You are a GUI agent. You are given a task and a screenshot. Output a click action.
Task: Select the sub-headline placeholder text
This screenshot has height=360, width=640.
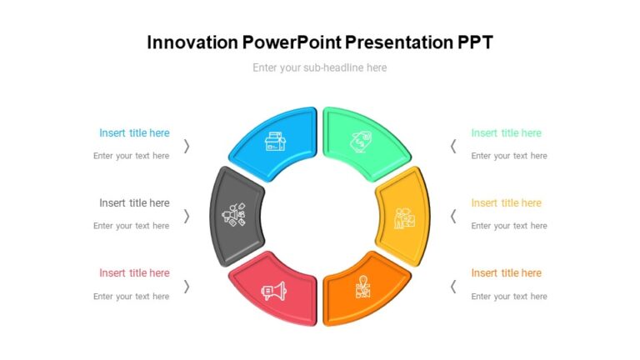point(319,67)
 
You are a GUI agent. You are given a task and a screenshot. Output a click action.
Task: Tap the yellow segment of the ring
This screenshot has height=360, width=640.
point(402,216)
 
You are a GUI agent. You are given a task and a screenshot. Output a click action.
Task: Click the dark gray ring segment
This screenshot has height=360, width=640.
point(236,216)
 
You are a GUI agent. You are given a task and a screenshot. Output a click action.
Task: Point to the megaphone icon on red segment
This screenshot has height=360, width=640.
point(273,291)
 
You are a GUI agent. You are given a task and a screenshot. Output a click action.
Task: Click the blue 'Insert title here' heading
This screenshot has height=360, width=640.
point(134,132)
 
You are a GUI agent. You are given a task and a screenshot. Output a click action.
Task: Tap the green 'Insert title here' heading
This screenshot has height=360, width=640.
point(506,132)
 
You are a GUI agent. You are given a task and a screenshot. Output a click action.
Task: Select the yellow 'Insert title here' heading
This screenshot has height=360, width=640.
point(506,202)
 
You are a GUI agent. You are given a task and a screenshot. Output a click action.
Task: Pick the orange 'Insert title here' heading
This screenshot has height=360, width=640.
point(506,272)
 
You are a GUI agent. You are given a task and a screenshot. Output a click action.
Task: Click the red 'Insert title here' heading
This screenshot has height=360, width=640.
point(134,272)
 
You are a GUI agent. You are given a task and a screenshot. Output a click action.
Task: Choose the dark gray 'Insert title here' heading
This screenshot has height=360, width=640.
point(134,202)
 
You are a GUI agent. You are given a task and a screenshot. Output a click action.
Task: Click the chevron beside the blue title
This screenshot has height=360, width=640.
point(187,146)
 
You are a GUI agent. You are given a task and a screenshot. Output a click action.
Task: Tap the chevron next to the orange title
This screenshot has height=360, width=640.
point(452,286)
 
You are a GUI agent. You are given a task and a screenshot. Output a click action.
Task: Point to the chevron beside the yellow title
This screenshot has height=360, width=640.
point(452,216)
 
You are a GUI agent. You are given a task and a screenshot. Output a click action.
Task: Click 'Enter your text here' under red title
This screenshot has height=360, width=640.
point(131,296)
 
